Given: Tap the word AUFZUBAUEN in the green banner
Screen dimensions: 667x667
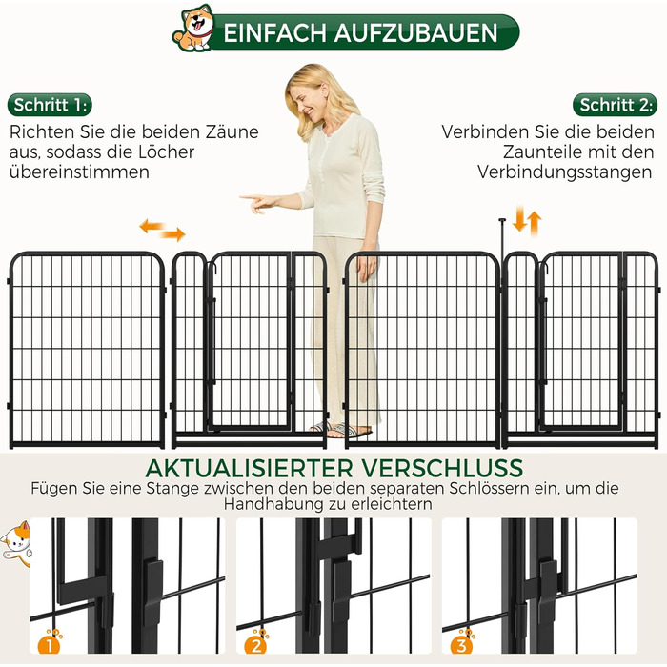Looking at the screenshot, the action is (x=415, y=33).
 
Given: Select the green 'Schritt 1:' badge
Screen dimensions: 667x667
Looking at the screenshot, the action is (x=50, y=105).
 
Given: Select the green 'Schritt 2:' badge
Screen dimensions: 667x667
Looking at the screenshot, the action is (x=616, y=105).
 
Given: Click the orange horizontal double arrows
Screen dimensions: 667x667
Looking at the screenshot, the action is (x=163, y=230).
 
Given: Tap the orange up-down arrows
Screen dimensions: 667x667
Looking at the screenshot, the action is (x=527, y=220).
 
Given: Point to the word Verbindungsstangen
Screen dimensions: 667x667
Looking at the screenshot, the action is (x=564, y=172).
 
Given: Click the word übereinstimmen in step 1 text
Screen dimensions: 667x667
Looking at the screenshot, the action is (x=79, y=172).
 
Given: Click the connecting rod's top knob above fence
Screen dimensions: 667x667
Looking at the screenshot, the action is (x=502, y=220).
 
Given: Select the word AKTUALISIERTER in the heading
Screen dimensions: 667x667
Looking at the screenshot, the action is (x=249, y=468).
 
